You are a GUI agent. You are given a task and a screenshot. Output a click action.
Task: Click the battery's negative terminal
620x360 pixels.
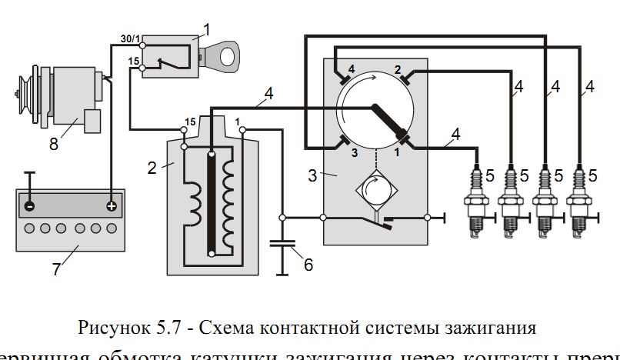[x=28, y=206]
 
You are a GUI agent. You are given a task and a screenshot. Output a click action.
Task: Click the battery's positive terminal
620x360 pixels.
[x=112, y=206]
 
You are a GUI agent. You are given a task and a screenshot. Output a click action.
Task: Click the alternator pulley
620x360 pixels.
[x=22, y=95]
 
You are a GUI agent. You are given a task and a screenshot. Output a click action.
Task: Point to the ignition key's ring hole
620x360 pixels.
[x=228, y=56]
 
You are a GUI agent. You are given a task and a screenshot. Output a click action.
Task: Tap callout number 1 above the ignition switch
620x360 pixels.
[x=205, y=30]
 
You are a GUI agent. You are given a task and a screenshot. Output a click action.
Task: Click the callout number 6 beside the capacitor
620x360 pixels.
[x=308, y=265]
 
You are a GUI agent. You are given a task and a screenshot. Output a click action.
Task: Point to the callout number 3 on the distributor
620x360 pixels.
[x=312, y=175]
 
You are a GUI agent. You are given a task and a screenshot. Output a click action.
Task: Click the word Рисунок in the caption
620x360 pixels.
[x=108, y=328]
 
